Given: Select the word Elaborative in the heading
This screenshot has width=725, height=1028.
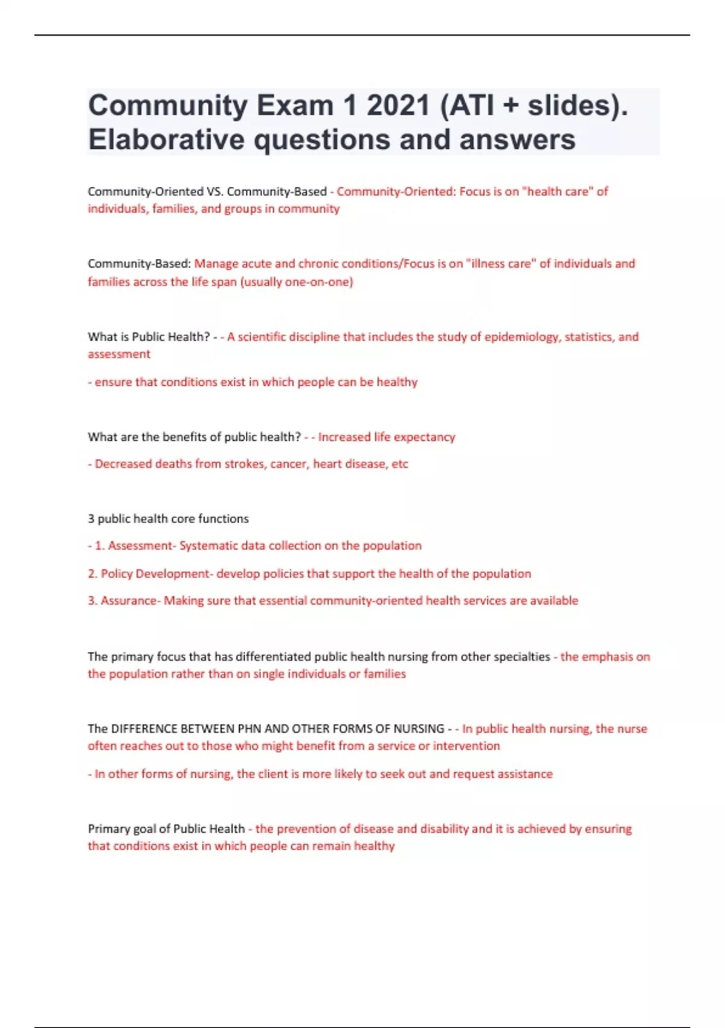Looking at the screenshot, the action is [x=166, y=140].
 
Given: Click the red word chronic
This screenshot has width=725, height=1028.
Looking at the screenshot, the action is [x=318, y=264].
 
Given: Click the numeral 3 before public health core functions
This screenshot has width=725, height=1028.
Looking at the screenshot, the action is [x=91, y=519].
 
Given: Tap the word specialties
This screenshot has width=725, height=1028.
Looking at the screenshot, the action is [x=521, y=657].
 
